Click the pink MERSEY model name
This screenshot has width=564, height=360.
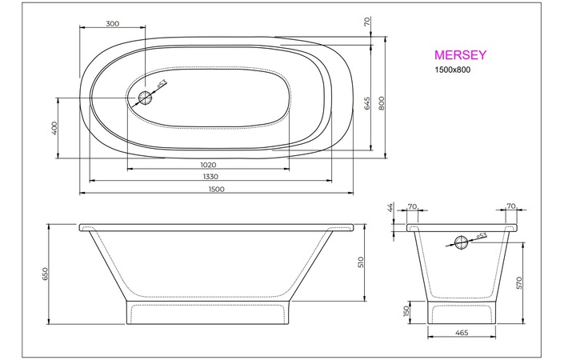(x=460, y=55)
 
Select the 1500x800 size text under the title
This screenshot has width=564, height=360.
(x=454, y=72)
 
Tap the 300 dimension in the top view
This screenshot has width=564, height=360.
(x=113, y=23)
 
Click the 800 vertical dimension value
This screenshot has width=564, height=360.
(x=382, y=103)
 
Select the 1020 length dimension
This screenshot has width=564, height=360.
(x=209, y=164)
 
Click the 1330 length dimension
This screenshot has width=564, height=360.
(x=210, y=177)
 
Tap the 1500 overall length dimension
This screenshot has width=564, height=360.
(x=215, y=190)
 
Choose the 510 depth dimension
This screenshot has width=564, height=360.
(x=361, y=262)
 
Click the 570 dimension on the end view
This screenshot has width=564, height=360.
(x=520, y=282)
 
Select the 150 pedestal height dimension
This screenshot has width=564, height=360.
(x=406, y=310)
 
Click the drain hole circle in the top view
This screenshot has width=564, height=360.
(x=145, y=98)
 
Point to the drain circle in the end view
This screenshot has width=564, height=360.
(x=461, y=243)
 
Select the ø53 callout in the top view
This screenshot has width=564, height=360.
(x=162, y=84)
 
